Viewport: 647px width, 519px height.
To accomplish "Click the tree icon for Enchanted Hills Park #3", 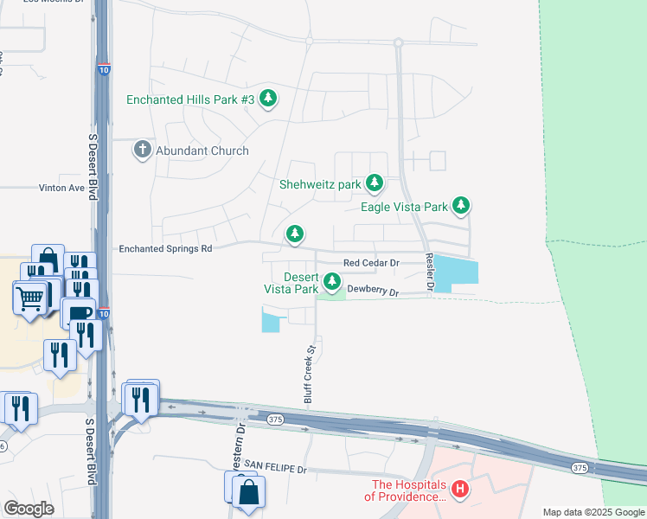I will click(x=268, y=99).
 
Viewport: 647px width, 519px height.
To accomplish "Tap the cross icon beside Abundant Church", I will click(x=143, y=150).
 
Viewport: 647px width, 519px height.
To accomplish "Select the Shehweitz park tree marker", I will click(x=375, y=183).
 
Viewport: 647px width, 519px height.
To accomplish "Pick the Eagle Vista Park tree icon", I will click(x=462, y=206).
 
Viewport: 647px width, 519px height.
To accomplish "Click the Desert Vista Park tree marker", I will click(x=332, y=282).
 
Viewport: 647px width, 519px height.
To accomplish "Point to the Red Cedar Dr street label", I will click(x=370, y=262).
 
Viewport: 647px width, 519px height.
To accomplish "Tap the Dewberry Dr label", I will click(x=373, y=293).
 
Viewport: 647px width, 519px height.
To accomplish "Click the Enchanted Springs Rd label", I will click(x=165, y=248).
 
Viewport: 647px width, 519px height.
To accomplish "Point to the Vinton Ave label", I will click(x=61, y=187).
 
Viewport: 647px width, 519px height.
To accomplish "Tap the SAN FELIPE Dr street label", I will click(x=275, y=468).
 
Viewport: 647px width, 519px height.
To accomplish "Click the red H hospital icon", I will click(x=461, y=490).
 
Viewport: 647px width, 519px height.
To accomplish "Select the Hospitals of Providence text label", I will click(x=406, y=490).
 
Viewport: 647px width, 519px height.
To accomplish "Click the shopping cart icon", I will click(x=30, y=298).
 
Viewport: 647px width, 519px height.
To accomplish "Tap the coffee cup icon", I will click(x=79, y=313).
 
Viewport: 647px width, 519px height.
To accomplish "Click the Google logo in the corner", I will click(x=29, y=509).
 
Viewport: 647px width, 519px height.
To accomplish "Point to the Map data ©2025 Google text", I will click(x=593, y=512).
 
